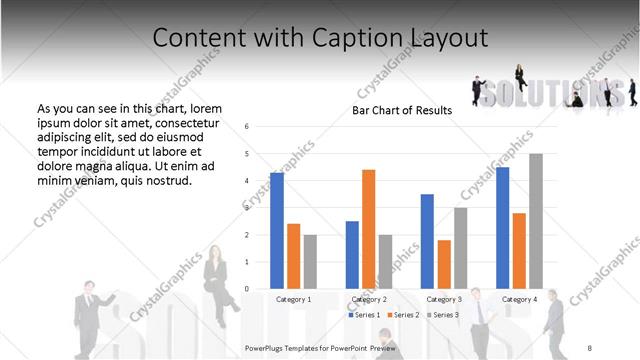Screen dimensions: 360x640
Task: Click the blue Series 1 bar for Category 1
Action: click(x=277, y=231)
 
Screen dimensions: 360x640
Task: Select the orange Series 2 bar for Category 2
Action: click(x=368, y=229)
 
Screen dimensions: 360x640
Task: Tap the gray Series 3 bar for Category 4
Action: click(x=536, y=221)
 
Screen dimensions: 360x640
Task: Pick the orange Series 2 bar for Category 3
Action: click(x=444, y=264)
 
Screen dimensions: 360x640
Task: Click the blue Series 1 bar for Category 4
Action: click(x=502, y=228)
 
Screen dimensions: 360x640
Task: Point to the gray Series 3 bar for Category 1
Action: click(x=310, y=262)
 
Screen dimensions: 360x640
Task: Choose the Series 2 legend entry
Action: click(x=403, y=315)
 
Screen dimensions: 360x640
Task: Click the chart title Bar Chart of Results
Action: click(x=402, y=110)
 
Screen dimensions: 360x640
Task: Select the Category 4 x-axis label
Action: click(x=519, y=299)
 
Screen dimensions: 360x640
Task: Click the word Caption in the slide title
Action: click(x=363, y=38)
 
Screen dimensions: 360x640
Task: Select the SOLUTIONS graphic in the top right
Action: click(x=553, y=92)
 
